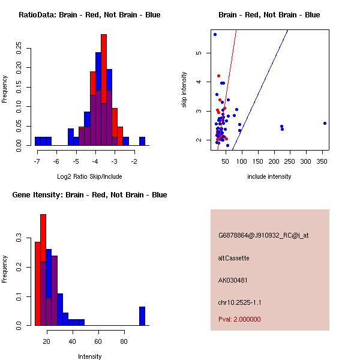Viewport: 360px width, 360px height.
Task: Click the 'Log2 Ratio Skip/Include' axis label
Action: pos(89,176)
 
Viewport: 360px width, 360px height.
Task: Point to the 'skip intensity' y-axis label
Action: pos(184,90)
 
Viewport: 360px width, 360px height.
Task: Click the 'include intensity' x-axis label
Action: pos(269,176)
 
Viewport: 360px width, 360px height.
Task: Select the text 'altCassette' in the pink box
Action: pos(234,258)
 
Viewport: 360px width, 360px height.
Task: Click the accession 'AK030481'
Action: pos(233,280)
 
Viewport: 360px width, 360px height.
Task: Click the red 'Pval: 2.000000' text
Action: pos(239,319)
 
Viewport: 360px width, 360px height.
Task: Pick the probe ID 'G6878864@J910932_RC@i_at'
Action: pos(263,236)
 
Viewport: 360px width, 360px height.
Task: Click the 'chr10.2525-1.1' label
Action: pos(240,302)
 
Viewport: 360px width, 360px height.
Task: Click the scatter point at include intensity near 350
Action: pos(325,123)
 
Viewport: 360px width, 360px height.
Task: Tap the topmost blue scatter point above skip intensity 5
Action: pos(215,35)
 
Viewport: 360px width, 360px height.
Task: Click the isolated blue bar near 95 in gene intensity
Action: pos(142,316)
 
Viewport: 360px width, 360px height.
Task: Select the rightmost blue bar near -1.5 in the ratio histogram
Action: pos(142,141)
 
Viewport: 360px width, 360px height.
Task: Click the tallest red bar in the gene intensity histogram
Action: pos(43,270)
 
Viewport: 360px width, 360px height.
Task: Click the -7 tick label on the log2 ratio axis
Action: pos(37,162)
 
